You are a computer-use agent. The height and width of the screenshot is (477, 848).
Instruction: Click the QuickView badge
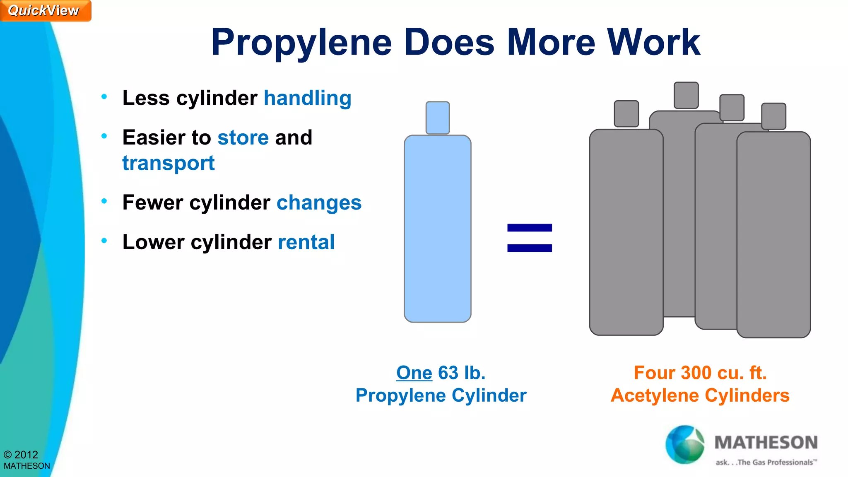tap(44, 10)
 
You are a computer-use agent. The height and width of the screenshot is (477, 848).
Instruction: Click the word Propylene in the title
tap(301, 43)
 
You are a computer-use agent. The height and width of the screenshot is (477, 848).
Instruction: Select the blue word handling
tap(308, 99)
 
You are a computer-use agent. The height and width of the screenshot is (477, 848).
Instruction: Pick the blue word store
tap(243, 137)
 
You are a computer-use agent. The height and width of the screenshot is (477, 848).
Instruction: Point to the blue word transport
tap(169, 163)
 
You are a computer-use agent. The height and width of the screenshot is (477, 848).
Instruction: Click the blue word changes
tap(319, 203)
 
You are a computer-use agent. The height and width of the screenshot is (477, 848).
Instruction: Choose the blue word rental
tap(306, 242)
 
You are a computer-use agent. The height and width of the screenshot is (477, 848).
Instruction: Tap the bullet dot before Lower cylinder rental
tap(104, 241)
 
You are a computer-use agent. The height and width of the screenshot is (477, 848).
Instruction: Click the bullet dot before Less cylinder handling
tap(104, 97)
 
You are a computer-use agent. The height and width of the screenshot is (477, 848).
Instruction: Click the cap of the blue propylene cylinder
tap(438, 118)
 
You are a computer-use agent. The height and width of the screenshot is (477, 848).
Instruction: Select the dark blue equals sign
tap(530, 238)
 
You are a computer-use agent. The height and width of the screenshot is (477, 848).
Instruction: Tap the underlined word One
tap(414, 373)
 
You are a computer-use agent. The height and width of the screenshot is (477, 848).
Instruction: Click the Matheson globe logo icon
tap(684, 445)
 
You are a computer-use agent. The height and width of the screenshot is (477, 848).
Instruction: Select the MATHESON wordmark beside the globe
tap(766, 443)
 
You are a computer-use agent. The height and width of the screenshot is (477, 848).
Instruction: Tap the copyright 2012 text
tap(21, 455)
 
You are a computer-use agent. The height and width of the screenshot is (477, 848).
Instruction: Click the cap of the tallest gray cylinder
tap(686, 95)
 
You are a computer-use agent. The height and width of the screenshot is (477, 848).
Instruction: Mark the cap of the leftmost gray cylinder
tap(626, 113)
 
